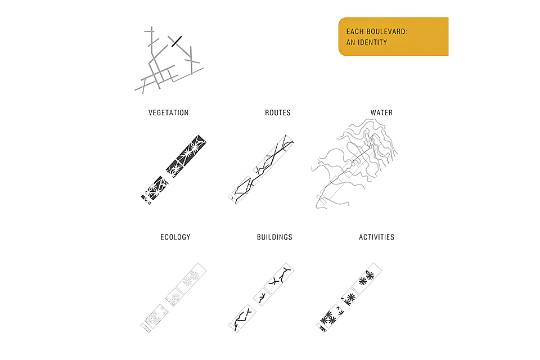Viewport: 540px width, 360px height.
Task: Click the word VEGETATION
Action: [x=168, y=112]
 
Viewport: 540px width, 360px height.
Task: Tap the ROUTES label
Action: [x=277, y=112]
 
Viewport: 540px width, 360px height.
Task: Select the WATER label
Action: [x=381, y=112]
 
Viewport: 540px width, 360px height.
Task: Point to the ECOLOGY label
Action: [x=175, y=237]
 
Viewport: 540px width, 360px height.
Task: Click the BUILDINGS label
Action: [x=274, y=237]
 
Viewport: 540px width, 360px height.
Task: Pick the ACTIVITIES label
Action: [x=376, y=237]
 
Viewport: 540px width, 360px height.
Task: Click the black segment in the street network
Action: [x=177, y=41]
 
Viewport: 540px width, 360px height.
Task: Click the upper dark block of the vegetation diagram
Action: [x=186, y=156]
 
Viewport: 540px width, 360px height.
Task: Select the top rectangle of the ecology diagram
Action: [x=191, y=278]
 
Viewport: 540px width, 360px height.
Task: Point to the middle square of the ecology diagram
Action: [x=174, y=298]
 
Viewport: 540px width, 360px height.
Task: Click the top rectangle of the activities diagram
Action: [x=366, y=278]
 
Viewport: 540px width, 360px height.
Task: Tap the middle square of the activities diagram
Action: [x=349, y=298]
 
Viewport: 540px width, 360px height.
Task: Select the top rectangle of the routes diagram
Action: [x=278, y=151]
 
